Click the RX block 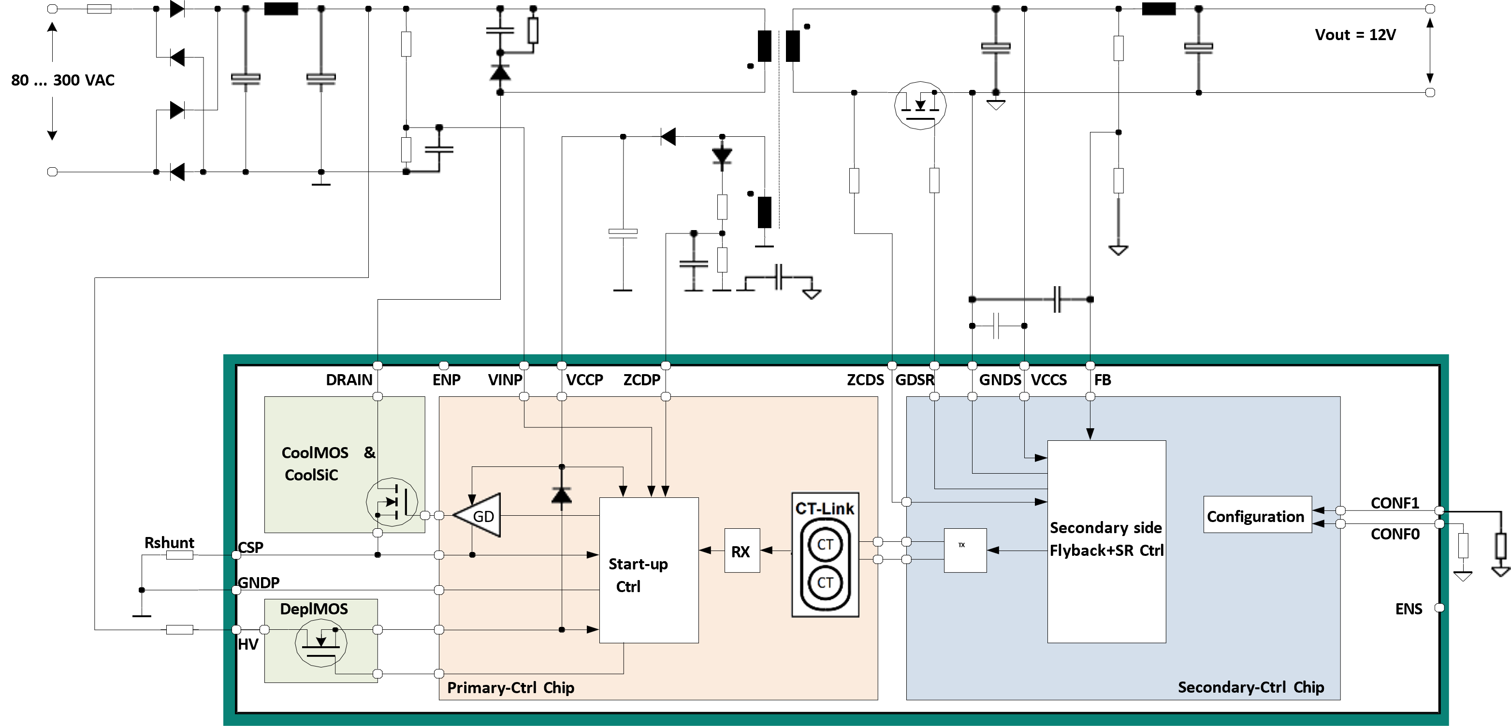[742, 551]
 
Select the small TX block [965, 551]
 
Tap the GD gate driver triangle [478, 515]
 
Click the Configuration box [1258, 515]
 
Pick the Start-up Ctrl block [649, 570]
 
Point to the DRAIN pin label [349, 380]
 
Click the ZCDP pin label [642, 380]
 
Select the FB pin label [1103, 380]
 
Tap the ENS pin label [1409, 609]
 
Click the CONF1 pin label [1395, 503]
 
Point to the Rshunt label [170, 542]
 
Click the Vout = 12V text [1355, 35]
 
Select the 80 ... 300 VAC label [63, 80]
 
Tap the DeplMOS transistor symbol [321, 643]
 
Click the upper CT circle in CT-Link [825, 544]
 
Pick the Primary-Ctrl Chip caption [510, 687]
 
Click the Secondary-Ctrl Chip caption [1251, 687]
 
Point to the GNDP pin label [259, 582]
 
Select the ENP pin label [446, 380]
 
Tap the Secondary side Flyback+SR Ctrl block [1106, 541]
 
